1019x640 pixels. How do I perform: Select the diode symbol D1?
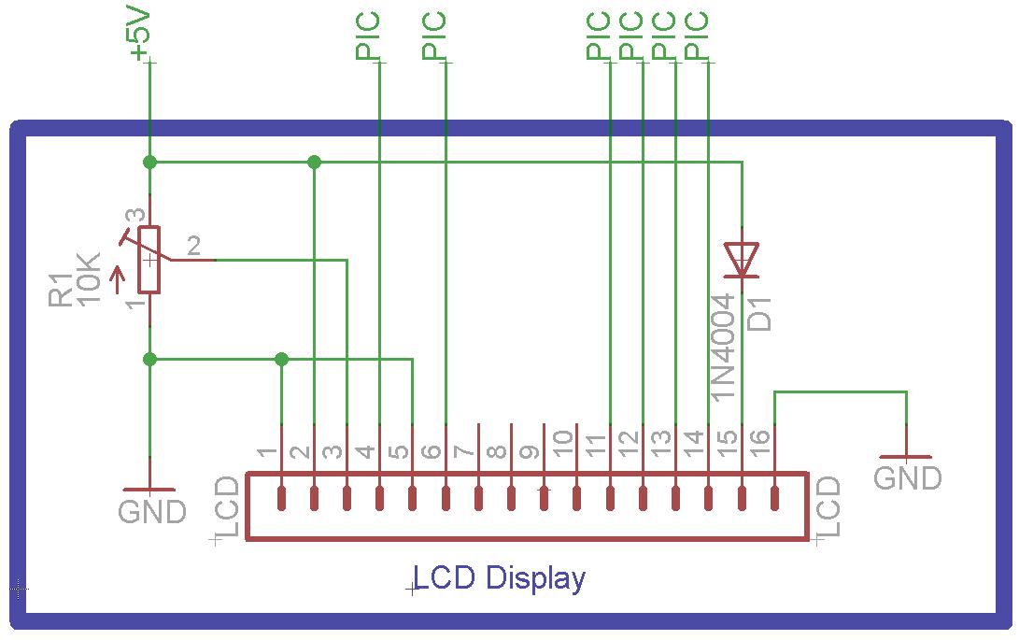[x=742, y=260]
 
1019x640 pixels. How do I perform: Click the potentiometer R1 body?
[x=149, y=260]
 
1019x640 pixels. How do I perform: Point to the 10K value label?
[x=90, y=277]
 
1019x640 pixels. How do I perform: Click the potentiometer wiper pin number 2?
[x=193, y=246]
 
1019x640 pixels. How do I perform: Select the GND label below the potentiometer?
[x=151, y=511]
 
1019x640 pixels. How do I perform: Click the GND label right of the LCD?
[x=907, y=477]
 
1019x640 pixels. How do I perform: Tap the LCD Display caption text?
[x=500, y=578]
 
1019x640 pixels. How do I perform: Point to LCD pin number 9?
[x=530, y=453]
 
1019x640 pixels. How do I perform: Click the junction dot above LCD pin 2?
[x=314, y=162]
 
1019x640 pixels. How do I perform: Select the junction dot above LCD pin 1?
[x=282, y=359]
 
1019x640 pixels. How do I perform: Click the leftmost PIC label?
[x=368, y=36]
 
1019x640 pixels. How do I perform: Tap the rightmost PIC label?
[x=697, y=36]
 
